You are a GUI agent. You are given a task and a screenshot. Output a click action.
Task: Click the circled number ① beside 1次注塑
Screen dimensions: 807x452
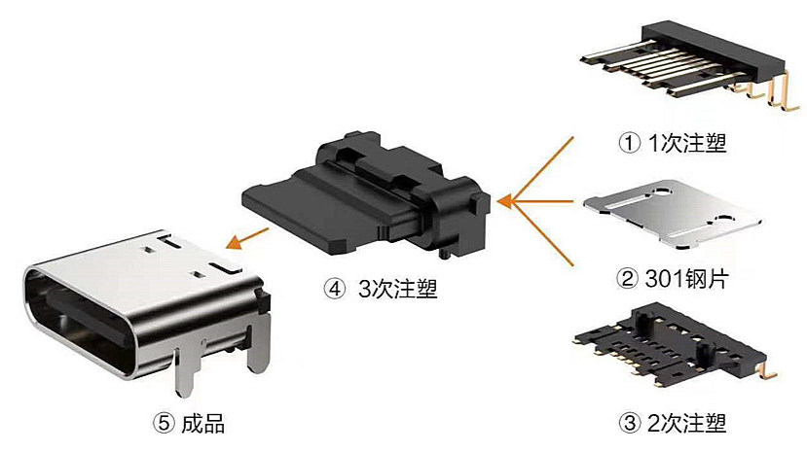(629, 143)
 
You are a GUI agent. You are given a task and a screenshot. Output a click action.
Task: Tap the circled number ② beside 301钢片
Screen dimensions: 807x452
(627, 279)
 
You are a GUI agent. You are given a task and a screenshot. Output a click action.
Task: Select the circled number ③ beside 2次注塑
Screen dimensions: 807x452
(629, 423)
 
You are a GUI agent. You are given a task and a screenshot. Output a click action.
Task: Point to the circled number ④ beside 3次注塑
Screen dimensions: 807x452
(335, 289)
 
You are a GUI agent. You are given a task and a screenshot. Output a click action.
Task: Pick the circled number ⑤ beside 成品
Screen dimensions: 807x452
(164, 424)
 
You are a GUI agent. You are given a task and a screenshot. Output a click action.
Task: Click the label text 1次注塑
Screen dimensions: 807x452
(687, 143)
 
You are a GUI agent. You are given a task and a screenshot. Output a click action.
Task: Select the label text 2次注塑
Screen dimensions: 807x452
(687, 423)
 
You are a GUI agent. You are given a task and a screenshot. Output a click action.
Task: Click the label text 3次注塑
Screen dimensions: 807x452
(398, 289)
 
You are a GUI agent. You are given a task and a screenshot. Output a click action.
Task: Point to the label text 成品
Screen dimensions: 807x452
(203, 424)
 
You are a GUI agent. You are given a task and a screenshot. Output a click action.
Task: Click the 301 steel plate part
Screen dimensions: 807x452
(673, 215)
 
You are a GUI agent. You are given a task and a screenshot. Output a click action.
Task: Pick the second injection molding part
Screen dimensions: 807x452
(675, 345)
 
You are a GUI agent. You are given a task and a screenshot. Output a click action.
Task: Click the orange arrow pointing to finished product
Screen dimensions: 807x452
(247, 238)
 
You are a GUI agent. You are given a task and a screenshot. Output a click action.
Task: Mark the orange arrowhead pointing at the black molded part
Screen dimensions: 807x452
(506, 201)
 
